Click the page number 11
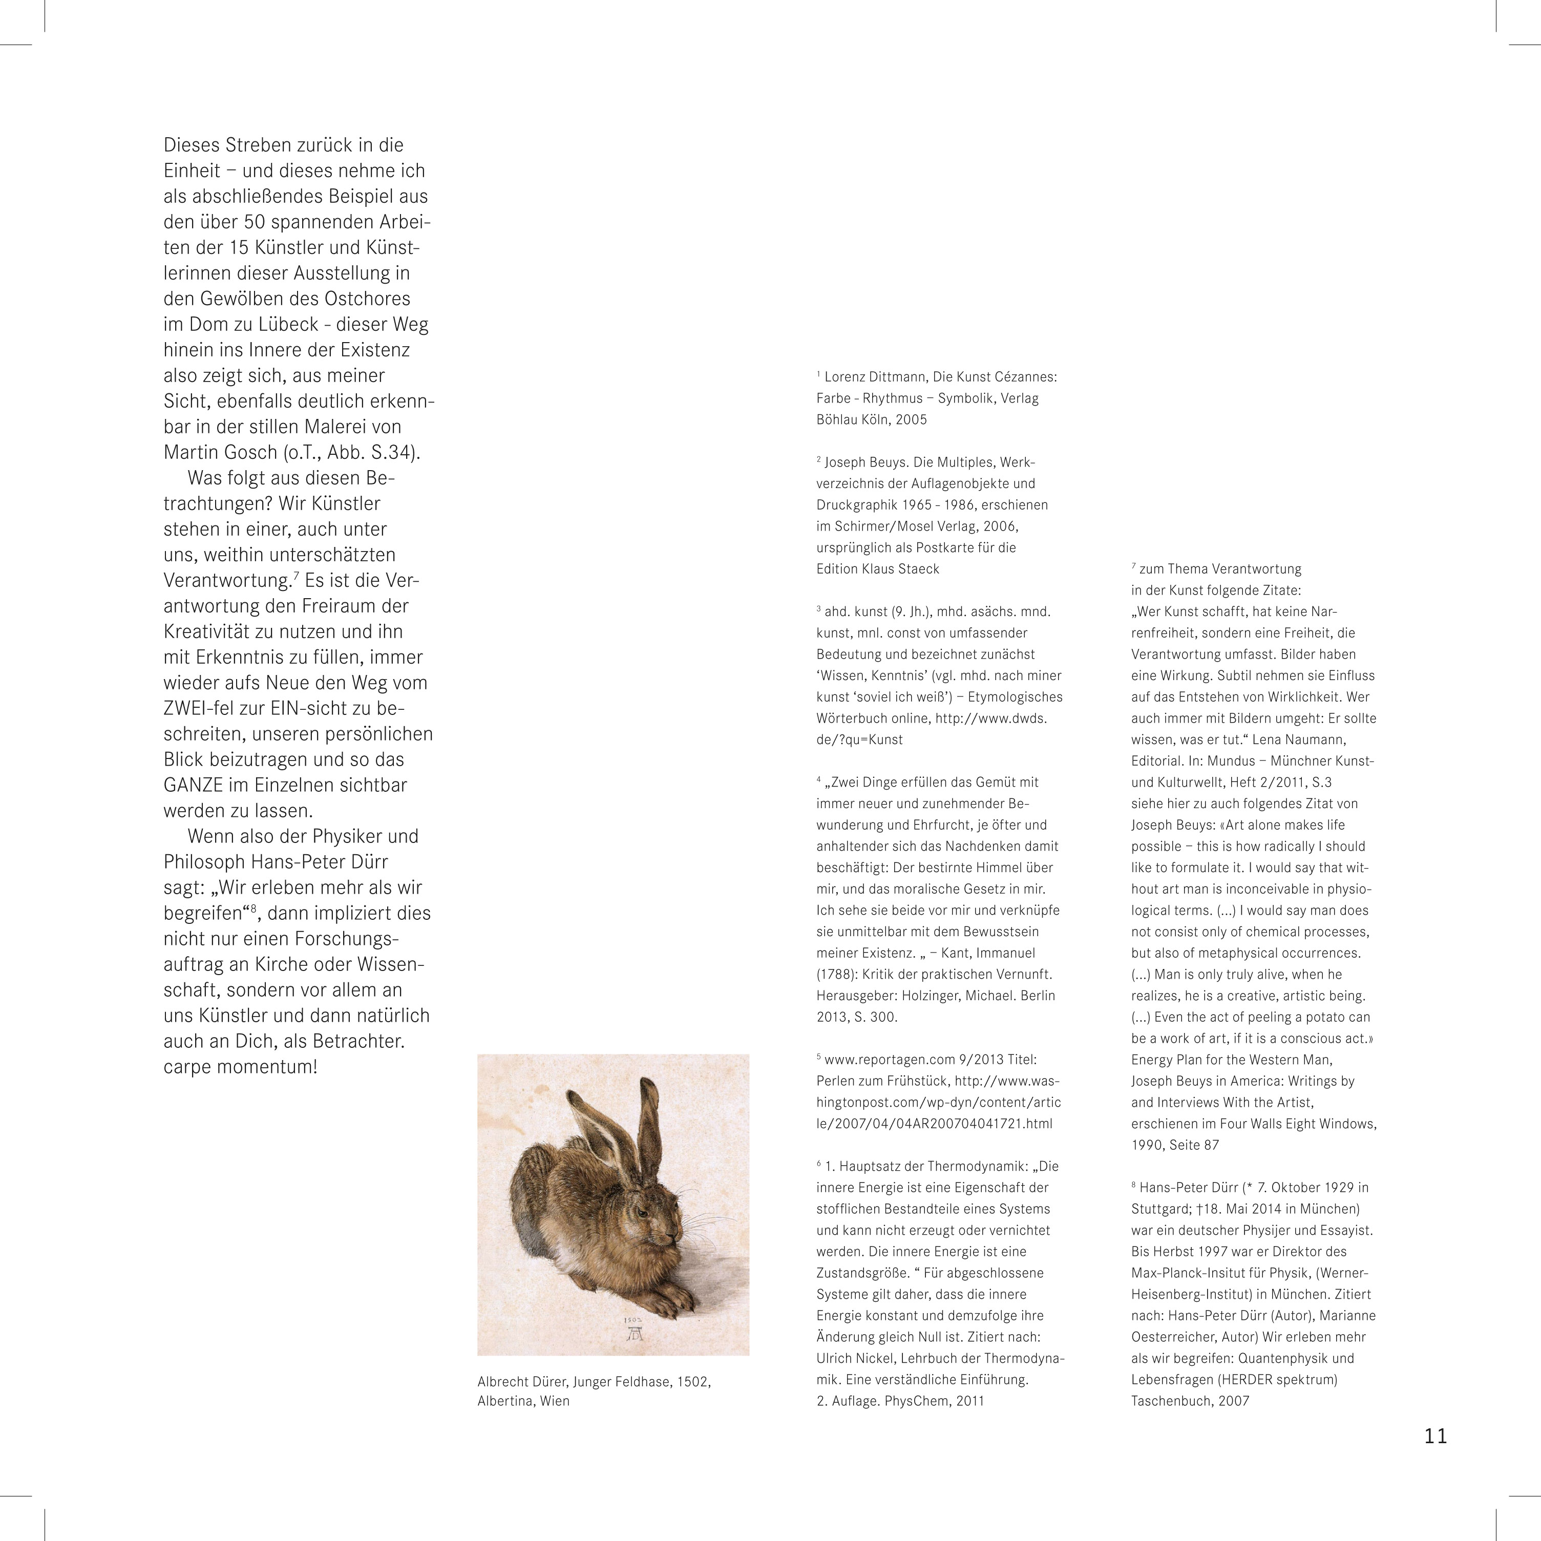coord(1435,1436)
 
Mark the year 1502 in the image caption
coord(693,1382)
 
